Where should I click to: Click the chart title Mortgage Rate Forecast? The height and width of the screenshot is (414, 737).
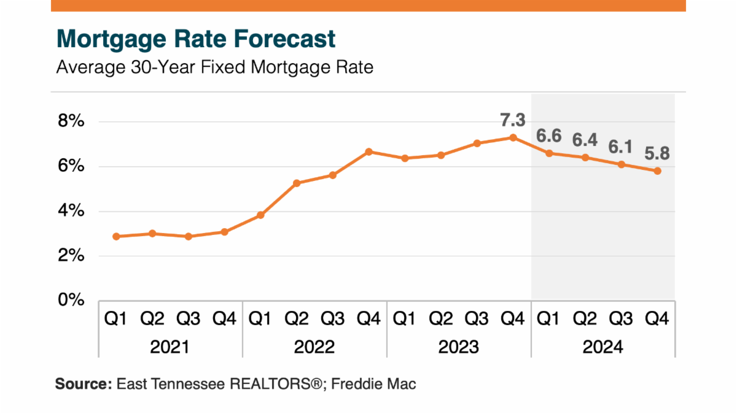click(x=196, y=39)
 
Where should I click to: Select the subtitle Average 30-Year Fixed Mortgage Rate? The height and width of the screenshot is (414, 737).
click(x=214, y=67)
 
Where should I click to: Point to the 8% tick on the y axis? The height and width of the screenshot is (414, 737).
click(x=71, y=121)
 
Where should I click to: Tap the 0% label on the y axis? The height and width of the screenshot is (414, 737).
click(x=71, y=300)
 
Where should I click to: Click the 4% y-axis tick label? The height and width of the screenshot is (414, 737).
click(x=71, y=211)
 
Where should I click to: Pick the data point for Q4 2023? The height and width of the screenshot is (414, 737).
click(x=513, y=137)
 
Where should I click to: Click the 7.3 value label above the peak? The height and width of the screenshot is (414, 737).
click(x=513, y=120)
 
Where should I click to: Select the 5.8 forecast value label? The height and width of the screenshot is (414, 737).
click(x=657, y=153)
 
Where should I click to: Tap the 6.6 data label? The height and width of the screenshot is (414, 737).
click(x=549, y=134)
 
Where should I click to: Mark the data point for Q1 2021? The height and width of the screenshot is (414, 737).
click(x=116, y=236)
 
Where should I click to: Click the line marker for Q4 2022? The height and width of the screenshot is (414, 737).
click(x=368, y=151)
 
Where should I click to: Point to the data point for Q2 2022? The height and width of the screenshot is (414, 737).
click(x=297, y=183)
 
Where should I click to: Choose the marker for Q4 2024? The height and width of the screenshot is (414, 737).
click(x=657, y=171)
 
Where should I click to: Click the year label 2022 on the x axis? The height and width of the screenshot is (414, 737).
click(x=314, y=347)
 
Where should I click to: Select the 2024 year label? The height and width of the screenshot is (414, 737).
click(x=602, y=347)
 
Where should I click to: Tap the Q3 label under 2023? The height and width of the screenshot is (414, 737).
click(x=477, y=319)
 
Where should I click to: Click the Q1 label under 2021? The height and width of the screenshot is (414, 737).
click(x=116, y=319)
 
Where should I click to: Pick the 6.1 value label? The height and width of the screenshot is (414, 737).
click(x=621, y=147)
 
